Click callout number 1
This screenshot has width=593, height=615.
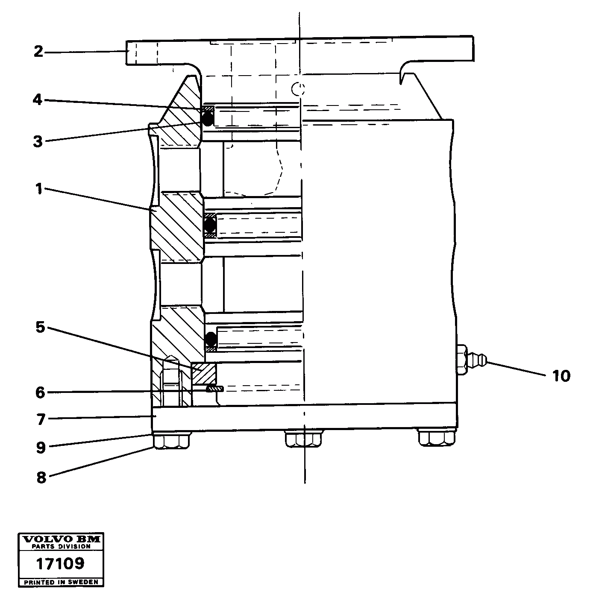click(39, 188)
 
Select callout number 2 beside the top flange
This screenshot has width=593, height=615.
click(38, 52)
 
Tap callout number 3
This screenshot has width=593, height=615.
click(38, 141)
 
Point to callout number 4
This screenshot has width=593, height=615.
click(38, 100)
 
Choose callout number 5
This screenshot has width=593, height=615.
click(40, 328)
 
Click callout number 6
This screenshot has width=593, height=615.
click(40, 392)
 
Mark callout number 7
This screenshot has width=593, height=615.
click(41, 419)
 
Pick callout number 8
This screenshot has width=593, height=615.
click(41, 477)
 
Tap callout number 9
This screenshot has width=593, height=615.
click(41, 447)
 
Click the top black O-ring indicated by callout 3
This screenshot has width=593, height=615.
click(208, 119)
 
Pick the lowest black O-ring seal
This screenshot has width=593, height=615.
click(211, 340)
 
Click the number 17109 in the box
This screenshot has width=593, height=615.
click(60, 564)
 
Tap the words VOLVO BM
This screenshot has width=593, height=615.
click(61, 539)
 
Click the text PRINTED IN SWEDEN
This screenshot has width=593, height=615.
click(61, 582)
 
